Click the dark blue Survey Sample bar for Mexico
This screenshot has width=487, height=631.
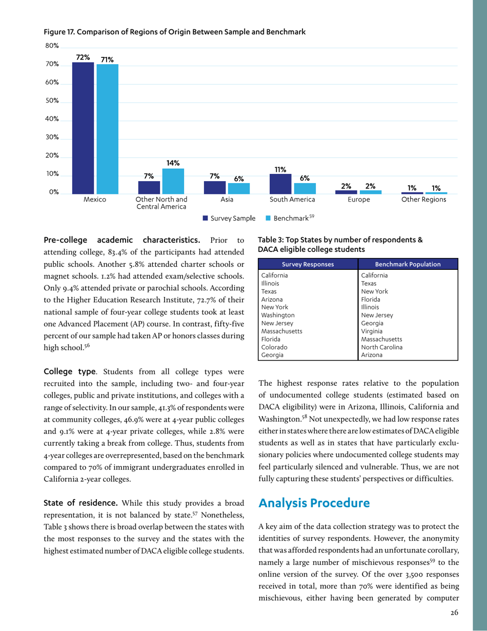83,128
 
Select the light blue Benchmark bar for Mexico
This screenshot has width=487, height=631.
107,129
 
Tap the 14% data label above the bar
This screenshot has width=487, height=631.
173,163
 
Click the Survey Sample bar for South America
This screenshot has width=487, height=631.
280,184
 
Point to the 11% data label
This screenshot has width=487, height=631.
280,169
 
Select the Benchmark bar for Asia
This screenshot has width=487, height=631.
239,188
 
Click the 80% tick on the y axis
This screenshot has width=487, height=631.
52,46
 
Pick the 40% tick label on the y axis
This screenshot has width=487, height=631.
52,120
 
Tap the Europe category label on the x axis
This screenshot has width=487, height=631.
358,200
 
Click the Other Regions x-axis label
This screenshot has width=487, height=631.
424,200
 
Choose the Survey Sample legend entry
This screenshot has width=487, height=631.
229,219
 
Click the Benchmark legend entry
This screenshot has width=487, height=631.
291,219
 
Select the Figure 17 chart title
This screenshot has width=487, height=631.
175,32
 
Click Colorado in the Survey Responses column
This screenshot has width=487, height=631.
274,347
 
